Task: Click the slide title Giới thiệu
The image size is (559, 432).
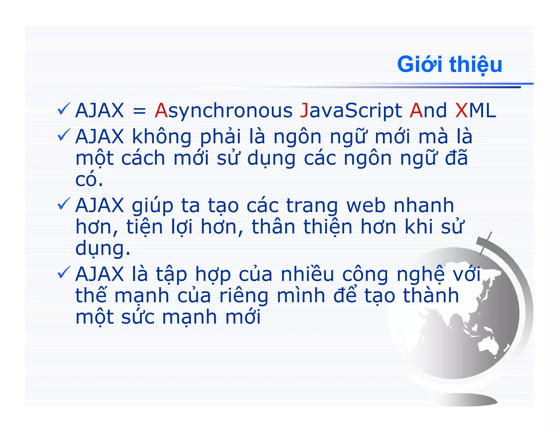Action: [x=449, y=64]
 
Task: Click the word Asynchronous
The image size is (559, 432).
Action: [x=223, y=111]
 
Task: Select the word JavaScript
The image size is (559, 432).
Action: [x=351, y=111]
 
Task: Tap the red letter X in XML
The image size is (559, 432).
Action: [x=462, y=111]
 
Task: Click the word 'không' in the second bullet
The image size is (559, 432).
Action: [x=162, y=137]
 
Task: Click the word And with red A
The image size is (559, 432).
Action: [x=428, y=111]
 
